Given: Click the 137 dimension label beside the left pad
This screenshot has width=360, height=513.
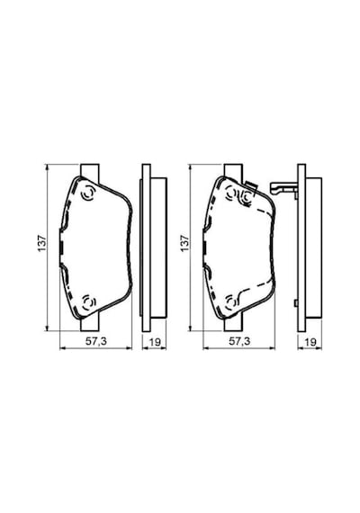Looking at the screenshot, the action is coord(42,243).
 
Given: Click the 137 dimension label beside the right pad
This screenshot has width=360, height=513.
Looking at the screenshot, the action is coord(185,243).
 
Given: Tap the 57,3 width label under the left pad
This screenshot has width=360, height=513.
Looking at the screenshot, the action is coord(96,342).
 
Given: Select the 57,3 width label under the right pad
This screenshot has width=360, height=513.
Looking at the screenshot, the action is coord(239,342).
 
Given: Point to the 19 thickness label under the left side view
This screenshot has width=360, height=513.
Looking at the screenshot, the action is coord(155,342).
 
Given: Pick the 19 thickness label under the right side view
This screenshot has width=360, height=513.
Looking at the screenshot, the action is coord(310,342).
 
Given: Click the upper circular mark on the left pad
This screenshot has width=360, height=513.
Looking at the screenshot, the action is coord(87,193).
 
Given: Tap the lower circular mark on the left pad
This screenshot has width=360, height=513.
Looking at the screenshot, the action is coord(87,301).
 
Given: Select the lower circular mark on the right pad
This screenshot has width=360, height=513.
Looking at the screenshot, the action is coord(230,301).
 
